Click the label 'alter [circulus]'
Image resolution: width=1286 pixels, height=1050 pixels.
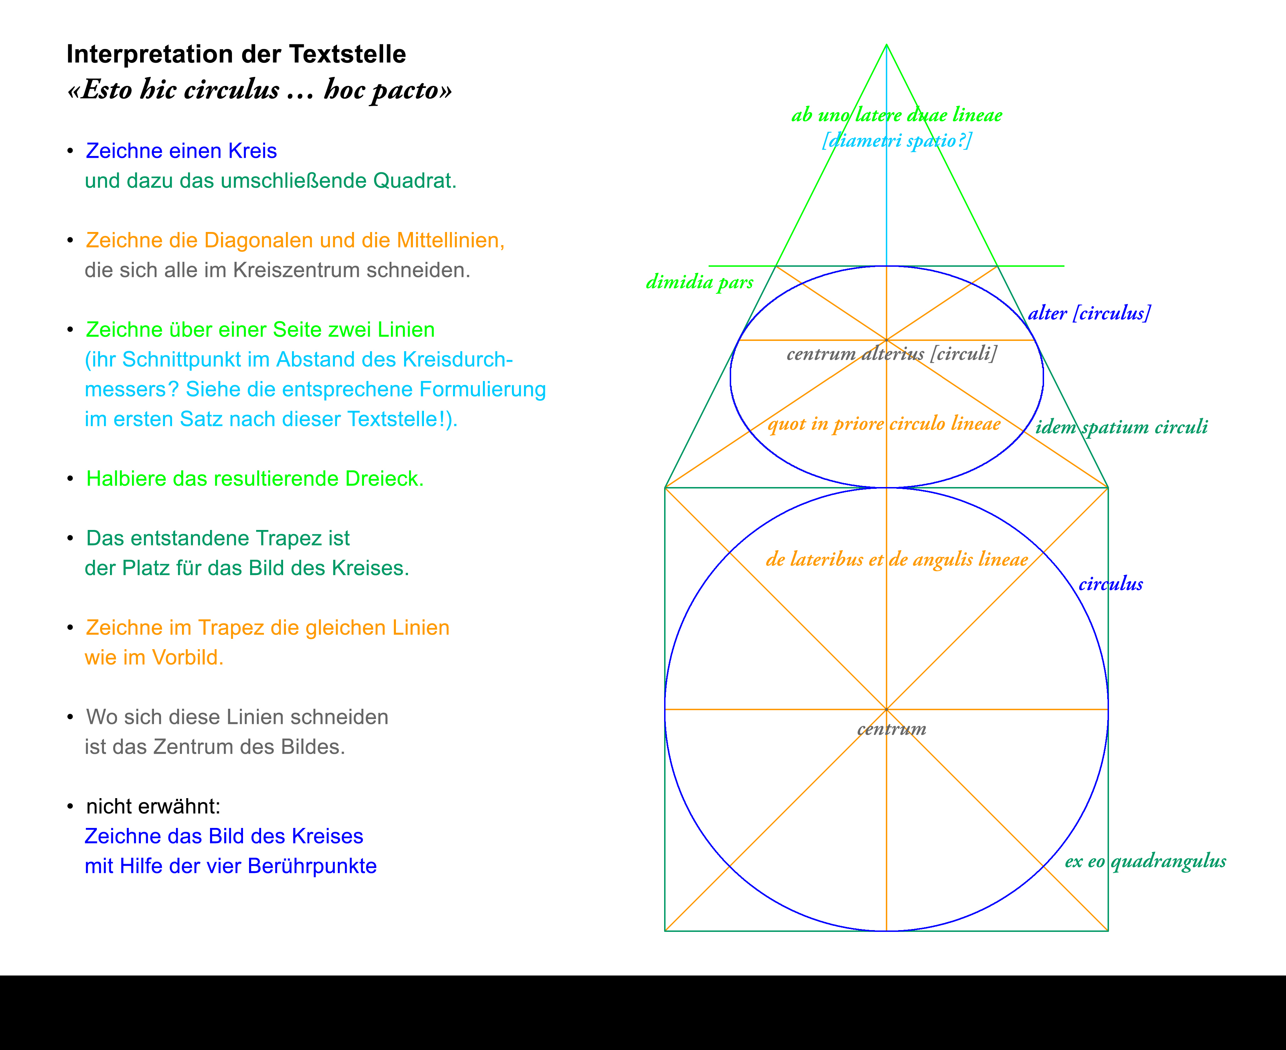coord(1089,313)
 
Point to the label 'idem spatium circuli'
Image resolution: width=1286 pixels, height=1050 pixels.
coord(1121,427)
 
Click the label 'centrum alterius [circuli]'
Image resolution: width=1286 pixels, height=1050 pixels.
coord(892,353)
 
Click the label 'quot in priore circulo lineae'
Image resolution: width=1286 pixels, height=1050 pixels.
coord(884,424)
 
